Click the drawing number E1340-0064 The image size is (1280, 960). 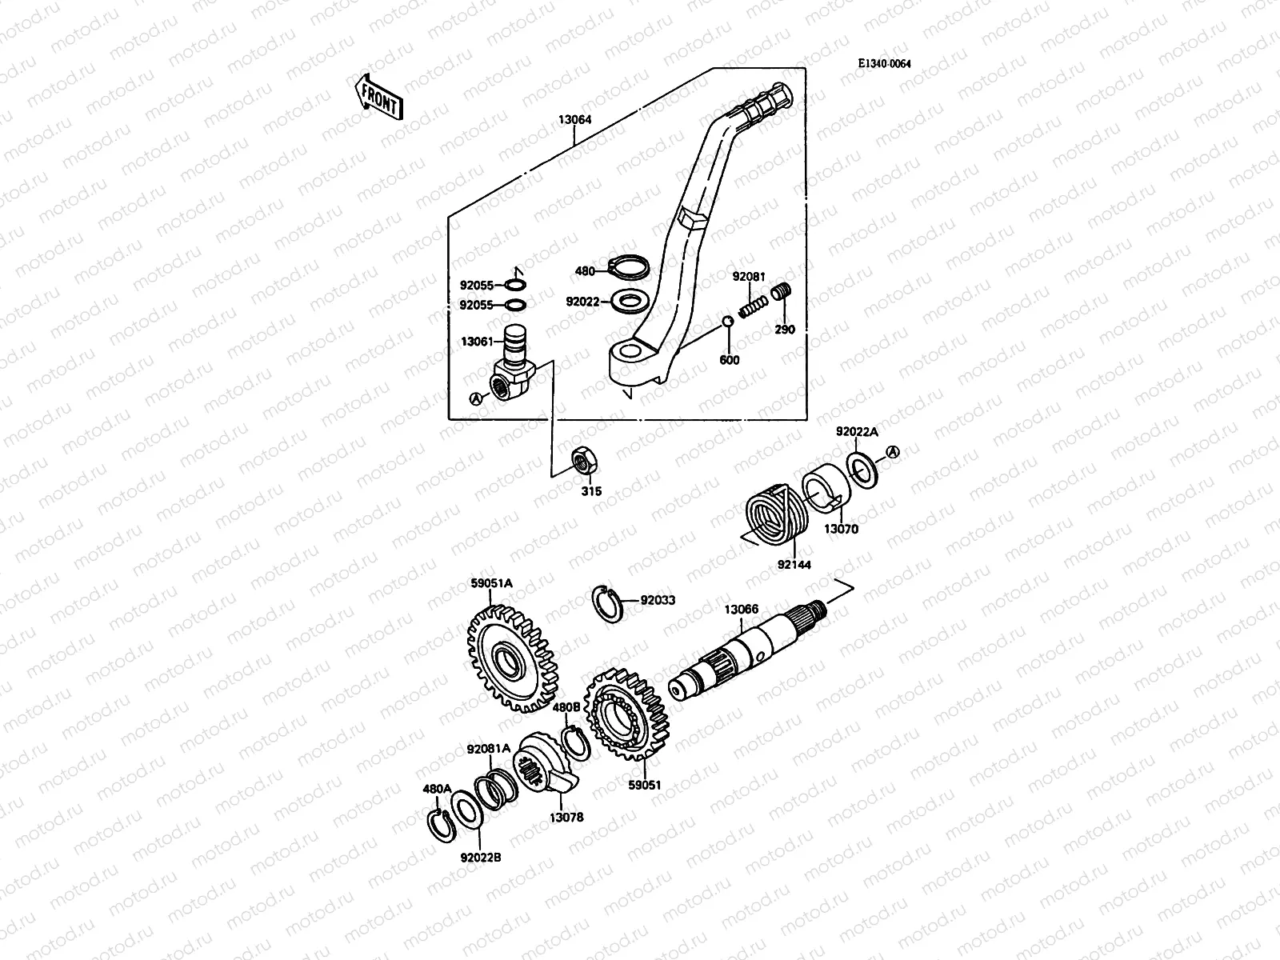(885, 65)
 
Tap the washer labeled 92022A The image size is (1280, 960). (863, 469)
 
